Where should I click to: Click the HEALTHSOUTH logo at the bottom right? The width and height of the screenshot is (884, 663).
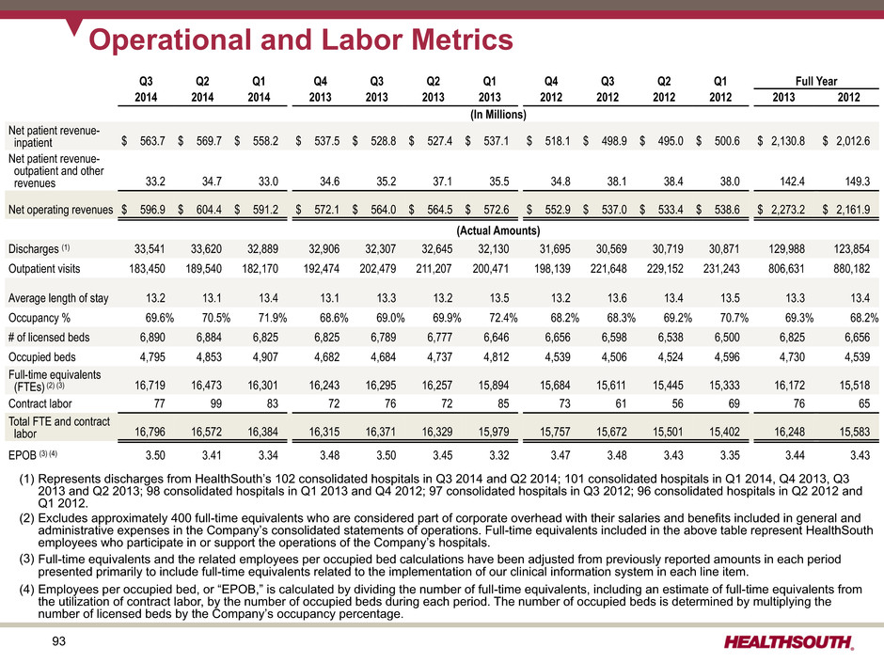789,642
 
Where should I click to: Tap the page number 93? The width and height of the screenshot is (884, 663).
58,641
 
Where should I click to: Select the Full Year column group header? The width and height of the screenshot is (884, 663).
815,81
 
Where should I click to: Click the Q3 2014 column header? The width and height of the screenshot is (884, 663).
146,89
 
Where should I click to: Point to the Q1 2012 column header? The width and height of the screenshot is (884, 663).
720,89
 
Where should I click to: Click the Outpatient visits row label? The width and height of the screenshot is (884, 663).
44,269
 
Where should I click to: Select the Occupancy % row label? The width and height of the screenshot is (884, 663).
39,318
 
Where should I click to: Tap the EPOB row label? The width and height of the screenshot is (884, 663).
33,454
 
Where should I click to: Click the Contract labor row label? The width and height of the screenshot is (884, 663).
40,403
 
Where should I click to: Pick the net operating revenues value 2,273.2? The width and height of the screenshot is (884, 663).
787,210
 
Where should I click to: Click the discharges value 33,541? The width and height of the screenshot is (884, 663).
150,248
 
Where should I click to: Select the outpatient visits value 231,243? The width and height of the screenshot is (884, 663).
721,269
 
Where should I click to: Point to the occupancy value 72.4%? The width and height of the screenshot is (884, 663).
503,318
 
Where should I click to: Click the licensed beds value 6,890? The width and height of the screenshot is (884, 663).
152,338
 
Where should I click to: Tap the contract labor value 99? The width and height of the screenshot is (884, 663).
215,403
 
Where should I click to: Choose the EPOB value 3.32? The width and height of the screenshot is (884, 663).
499,454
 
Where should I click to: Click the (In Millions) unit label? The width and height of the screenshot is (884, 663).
498,115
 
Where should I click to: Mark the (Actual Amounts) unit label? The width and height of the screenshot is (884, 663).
497,230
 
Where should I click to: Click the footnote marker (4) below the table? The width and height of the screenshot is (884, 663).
26,590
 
